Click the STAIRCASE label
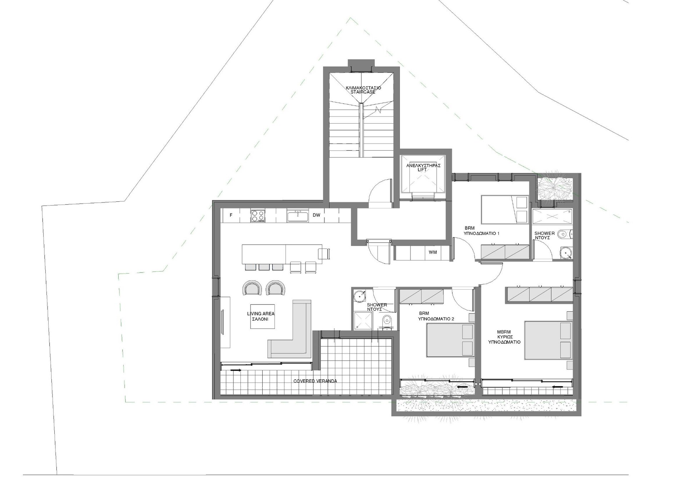coord(363,92)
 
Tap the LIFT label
coord(423,170)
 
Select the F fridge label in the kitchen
coord(231,215)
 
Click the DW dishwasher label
coord(316,215)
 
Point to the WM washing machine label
coord(433,252)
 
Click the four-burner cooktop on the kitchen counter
coord(258,216)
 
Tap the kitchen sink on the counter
coord(298,216)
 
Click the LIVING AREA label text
coord(261,314)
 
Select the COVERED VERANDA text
coord(315,381)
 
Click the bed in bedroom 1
coord(504,209)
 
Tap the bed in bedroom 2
coord(450,340)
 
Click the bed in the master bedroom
coord(548,340)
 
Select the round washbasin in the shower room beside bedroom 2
coord(359,296)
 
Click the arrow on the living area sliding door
coord(235,370)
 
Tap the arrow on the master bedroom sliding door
coord(556,387)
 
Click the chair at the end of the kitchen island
coord(324,254)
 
